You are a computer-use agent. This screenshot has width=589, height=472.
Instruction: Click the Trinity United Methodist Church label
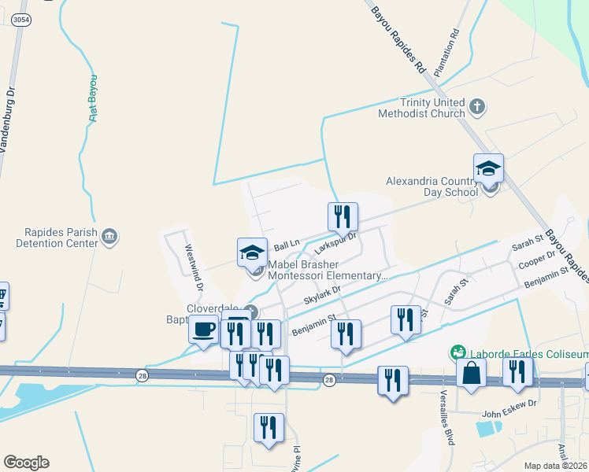432,108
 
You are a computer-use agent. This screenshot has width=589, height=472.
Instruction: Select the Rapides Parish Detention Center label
60,238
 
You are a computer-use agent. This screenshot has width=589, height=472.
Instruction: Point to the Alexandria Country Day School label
432,186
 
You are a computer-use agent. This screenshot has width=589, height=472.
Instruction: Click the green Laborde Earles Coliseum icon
456,352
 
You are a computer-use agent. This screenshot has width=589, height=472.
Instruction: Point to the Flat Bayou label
93,98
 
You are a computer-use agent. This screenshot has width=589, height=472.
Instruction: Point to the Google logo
26,463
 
